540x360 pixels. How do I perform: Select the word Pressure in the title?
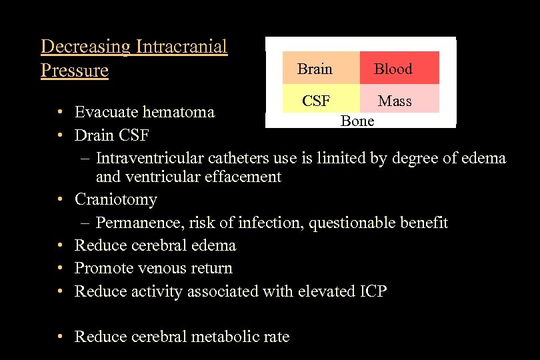(x=74, y=70)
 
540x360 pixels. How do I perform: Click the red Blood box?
(x=399, y=68)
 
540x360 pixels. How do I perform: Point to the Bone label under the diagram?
(x=357, y=121)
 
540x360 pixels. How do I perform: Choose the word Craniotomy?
(x=116, y=199)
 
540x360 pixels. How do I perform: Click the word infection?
(x=271, y=223)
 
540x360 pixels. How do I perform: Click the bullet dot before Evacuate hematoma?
(x=60, y=112)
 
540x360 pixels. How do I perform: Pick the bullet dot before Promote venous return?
(x=60, y=268)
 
